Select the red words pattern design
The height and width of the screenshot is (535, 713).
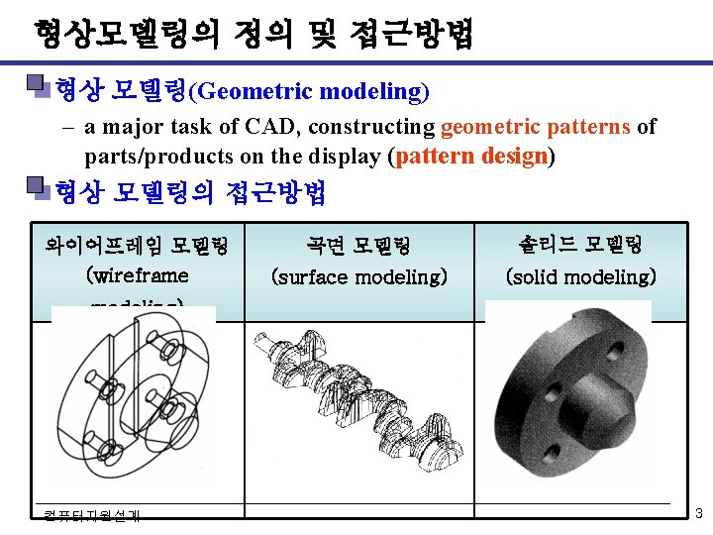tap(473, 157)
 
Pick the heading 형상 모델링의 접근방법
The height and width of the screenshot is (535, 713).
tap(190, 191)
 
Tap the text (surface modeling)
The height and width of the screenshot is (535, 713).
tap(359, 277)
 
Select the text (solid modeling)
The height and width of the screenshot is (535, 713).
tap(580, 277)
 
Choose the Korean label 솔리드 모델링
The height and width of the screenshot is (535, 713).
tap(580, 244)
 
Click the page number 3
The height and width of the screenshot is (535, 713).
tap(698, 513)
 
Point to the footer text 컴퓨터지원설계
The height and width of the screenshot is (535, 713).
tap(92, 514)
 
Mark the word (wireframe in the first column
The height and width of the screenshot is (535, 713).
tap(138, 272)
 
